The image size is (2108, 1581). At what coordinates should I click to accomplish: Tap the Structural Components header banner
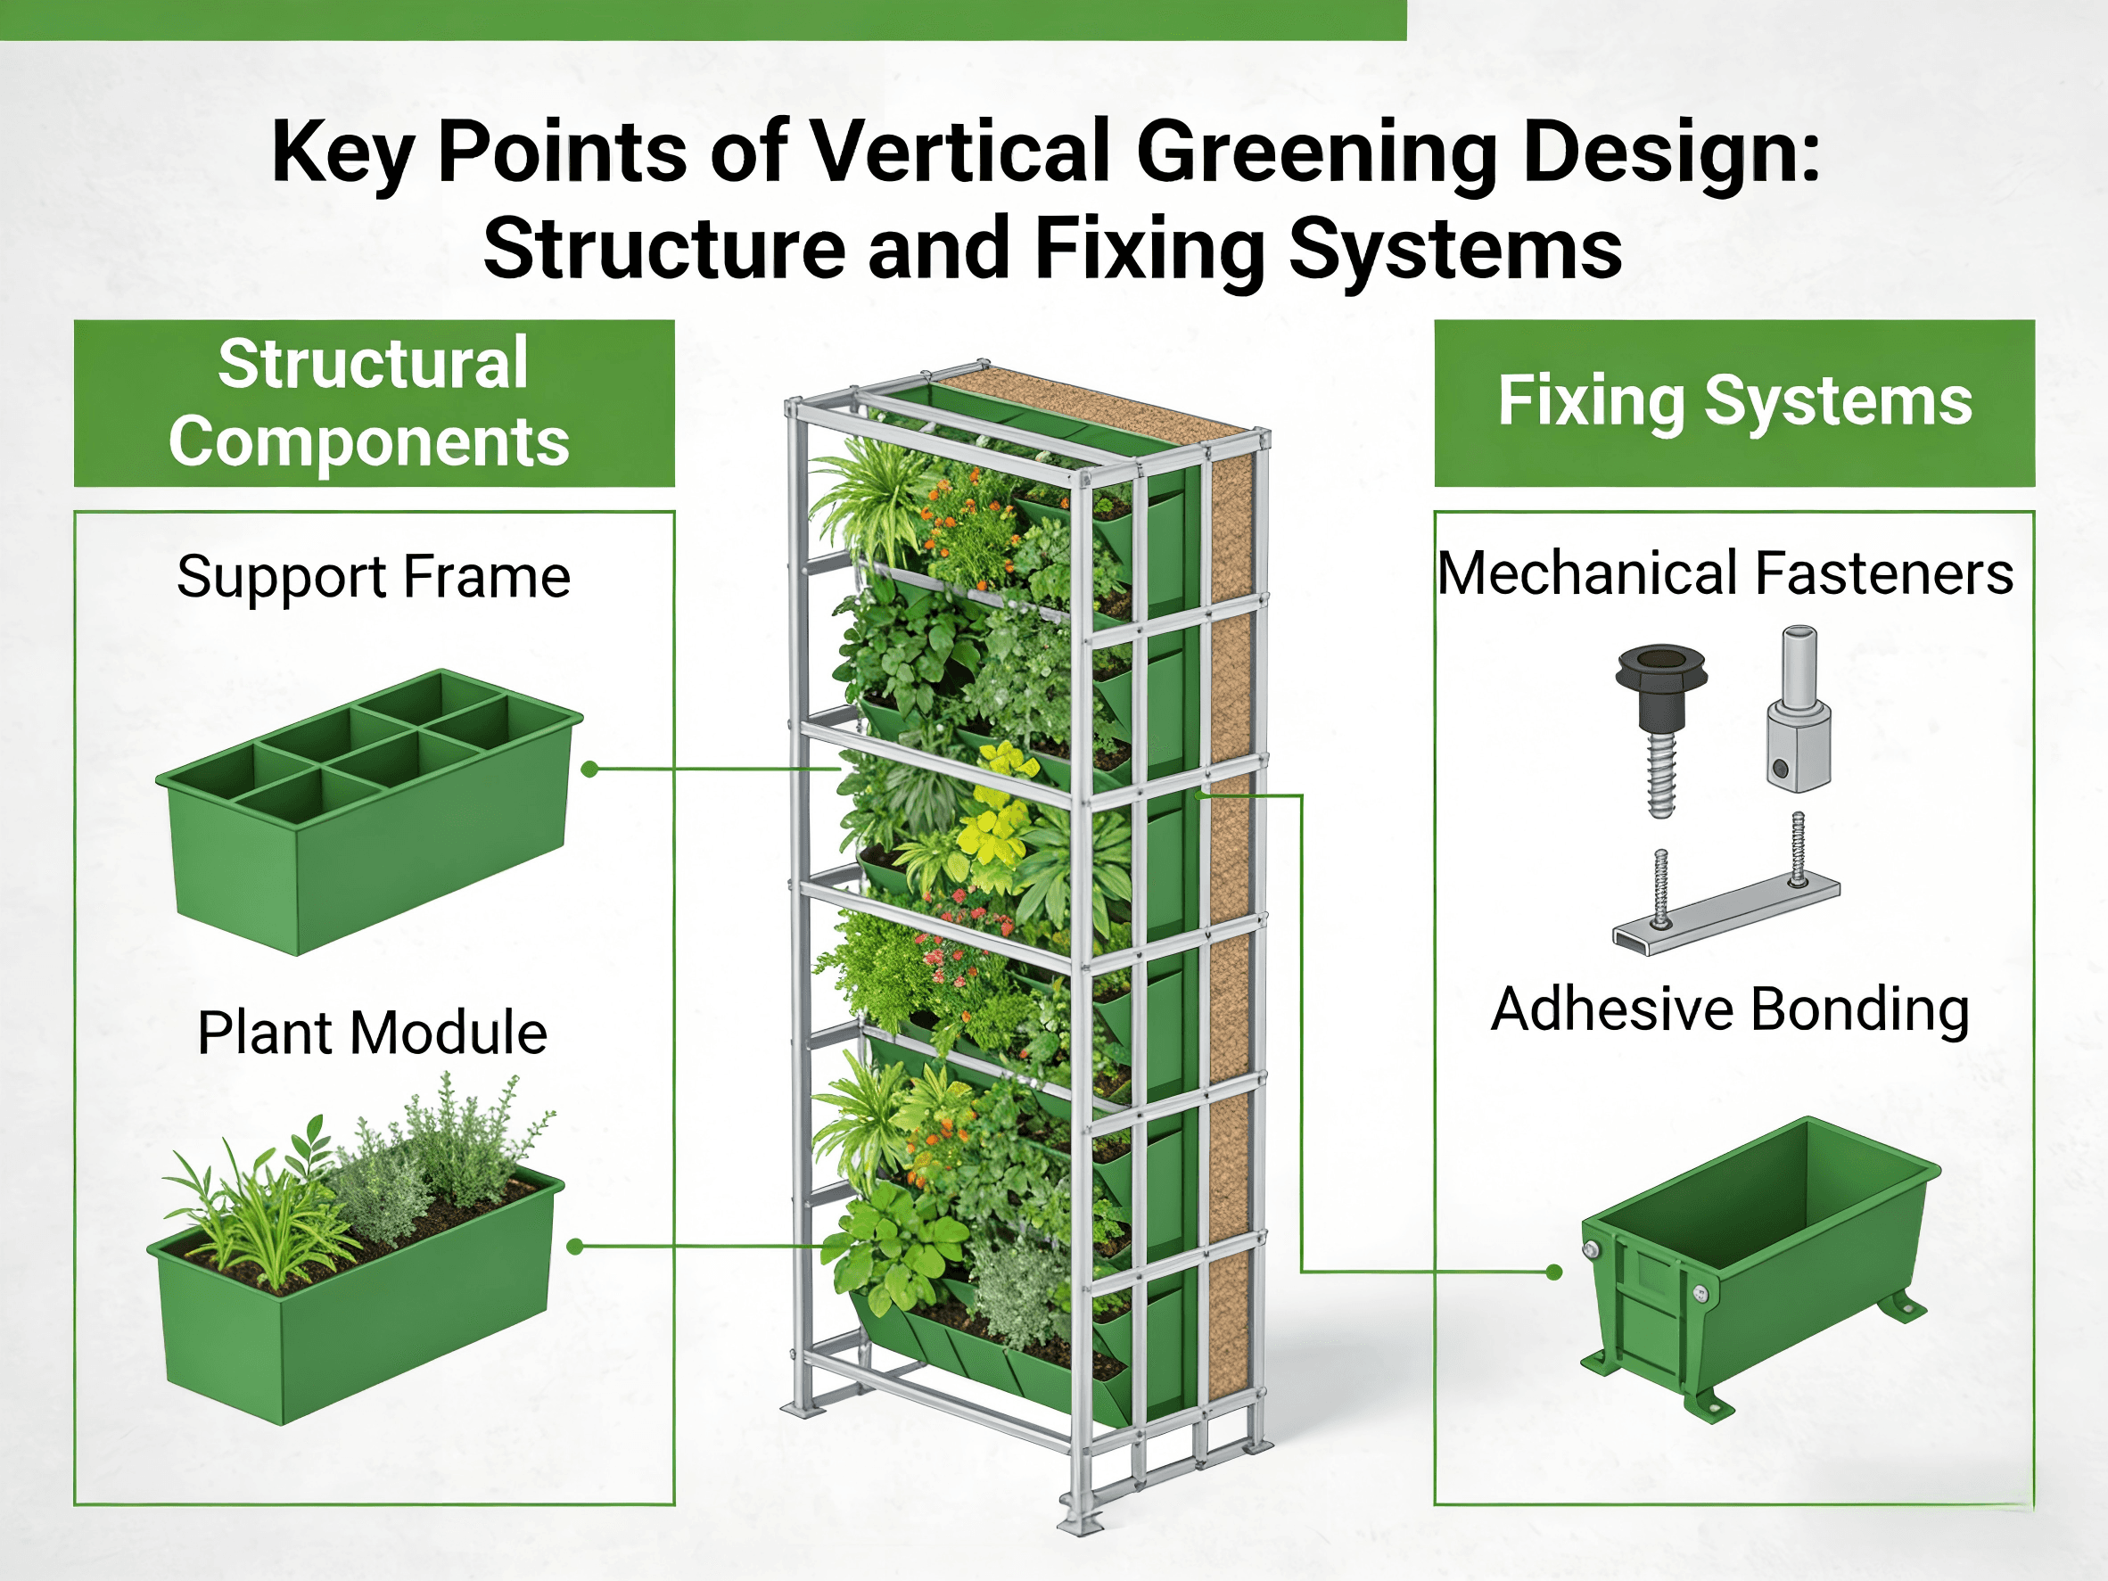[375, 403]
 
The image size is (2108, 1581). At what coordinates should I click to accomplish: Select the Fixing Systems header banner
[1734, 403]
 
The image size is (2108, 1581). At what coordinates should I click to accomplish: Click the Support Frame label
[374, 577]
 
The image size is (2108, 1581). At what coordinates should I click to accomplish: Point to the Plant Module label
[373, 1032]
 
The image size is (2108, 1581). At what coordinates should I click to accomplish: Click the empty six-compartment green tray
[370, 812]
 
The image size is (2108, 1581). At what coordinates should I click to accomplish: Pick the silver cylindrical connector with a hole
[1799, 708]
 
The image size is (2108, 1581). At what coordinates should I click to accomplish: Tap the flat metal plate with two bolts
[1725, 885]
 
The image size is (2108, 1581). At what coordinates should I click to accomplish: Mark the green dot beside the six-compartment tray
[590, 769]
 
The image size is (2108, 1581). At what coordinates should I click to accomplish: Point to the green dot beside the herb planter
[574, 1247]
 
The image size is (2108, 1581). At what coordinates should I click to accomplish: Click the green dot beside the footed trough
[1554, 1272]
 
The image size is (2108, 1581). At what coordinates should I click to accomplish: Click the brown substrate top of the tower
[1096, 404]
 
